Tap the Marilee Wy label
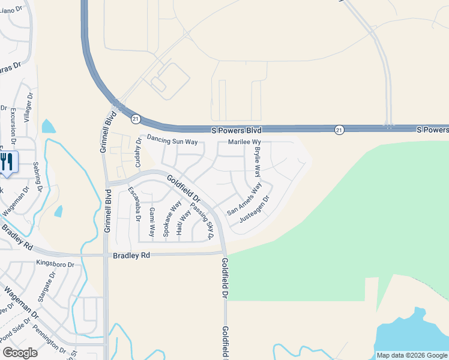pos(248,143)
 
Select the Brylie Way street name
pos(258,161)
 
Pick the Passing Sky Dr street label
pos(202,221)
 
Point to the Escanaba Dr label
pos(134,205)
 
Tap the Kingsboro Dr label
pos(55,263)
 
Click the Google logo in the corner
pos(20,352)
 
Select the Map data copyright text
pos(412,355)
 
